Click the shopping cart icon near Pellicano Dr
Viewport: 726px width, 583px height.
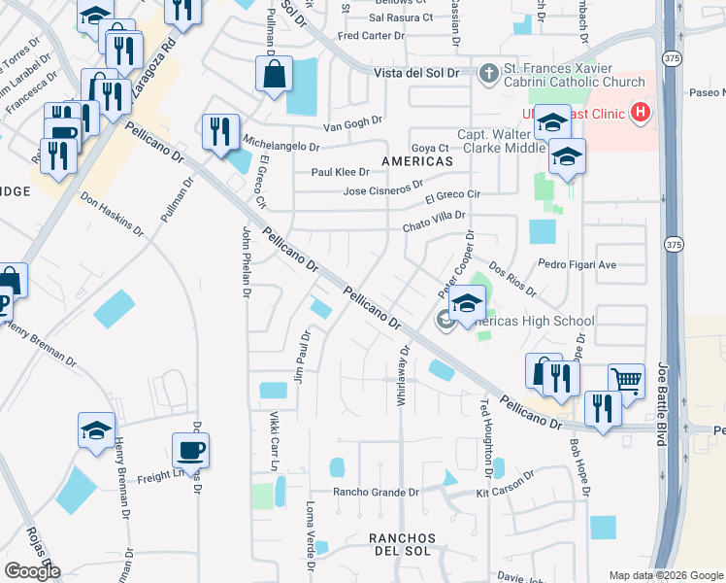626,380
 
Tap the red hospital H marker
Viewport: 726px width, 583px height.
639,113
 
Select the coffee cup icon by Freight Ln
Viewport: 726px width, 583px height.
189,450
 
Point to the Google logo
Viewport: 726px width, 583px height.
32,571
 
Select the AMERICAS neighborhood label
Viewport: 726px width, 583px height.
416,160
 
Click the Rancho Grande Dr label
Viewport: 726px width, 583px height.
376,492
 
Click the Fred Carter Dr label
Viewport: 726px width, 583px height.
370,36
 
